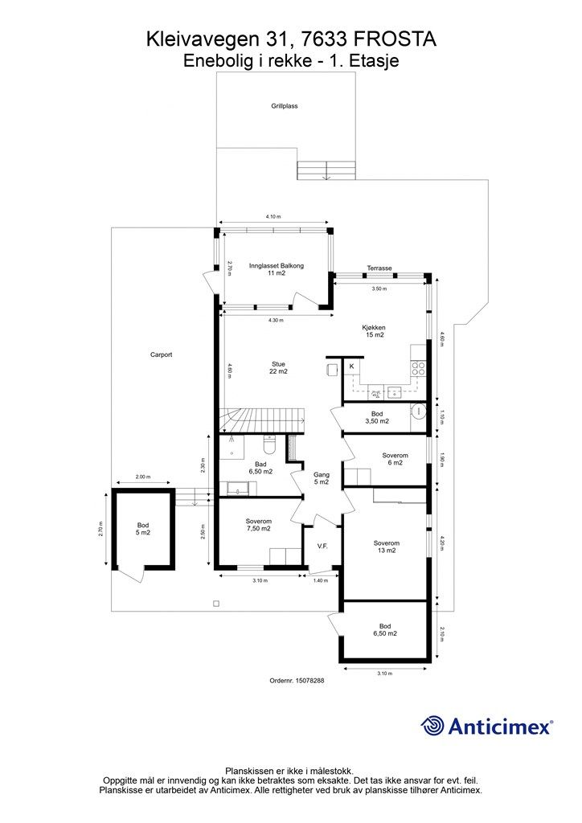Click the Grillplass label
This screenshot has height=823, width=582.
pyautogui.click(x=285, y=106)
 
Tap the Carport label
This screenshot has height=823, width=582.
pyautogui.click(x=161, y=354)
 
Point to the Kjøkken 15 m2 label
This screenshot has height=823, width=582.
pyautogui.click(x=374, y=331)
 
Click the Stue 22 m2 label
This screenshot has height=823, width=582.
pyautogui.click(x=278, y=367)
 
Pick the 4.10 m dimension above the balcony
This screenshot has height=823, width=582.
pyautogui.click(x=273, y=216)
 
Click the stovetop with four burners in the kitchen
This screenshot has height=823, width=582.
pyautogui.click(x=418, y=367)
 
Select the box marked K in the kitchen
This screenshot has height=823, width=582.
pyautogui.click(x=351, y=366)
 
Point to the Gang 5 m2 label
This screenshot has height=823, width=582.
pyautogui.click(x=322, y=478)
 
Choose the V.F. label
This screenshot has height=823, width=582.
pyautogui.click(x=322, y=547)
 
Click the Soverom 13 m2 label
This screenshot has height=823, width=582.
pyautogui.click(x=386, y=547)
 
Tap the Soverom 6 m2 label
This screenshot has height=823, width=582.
pyautogui.click(x=395, y=459)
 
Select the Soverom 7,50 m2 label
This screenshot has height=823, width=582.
pyautogui.click(x=258, y=525)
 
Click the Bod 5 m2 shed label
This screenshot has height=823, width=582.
pyautogui.click(x=143, y=529)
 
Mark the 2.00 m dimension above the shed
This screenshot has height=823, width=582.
pyautogui.click(x=143, y=477)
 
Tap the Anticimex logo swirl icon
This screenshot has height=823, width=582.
pyautogui.click(x=432, y=726)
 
